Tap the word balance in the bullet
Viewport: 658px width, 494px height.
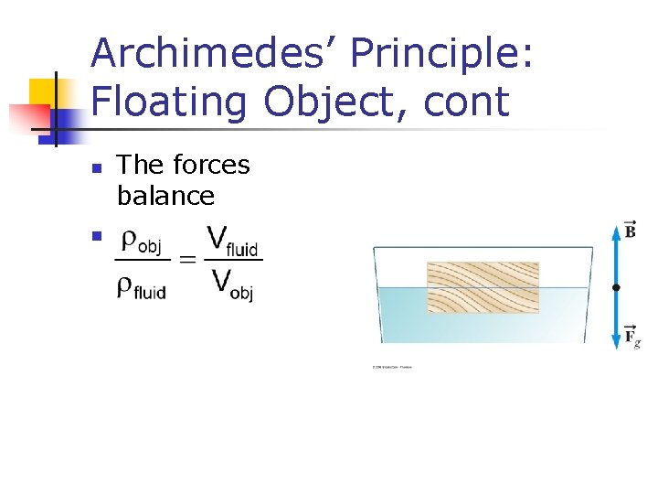[x=165, y=196]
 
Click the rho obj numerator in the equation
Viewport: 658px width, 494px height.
[x=141, y=243]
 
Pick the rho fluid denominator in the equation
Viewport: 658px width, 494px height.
[x=141, y=288]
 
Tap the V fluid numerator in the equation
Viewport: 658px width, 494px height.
[x=232, y=242]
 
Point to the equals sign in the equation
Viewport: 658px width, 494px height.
[x=187, y=261]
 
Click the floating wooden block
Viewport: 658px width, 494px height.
[x=483, y=287]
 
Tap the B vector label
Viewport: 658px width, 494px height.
[x=630, y=229]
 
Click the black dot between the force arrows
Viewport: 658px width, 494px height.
[x=616, y=287]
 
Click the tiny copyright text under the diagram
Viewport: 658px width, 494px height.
[x=392, y=368]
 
